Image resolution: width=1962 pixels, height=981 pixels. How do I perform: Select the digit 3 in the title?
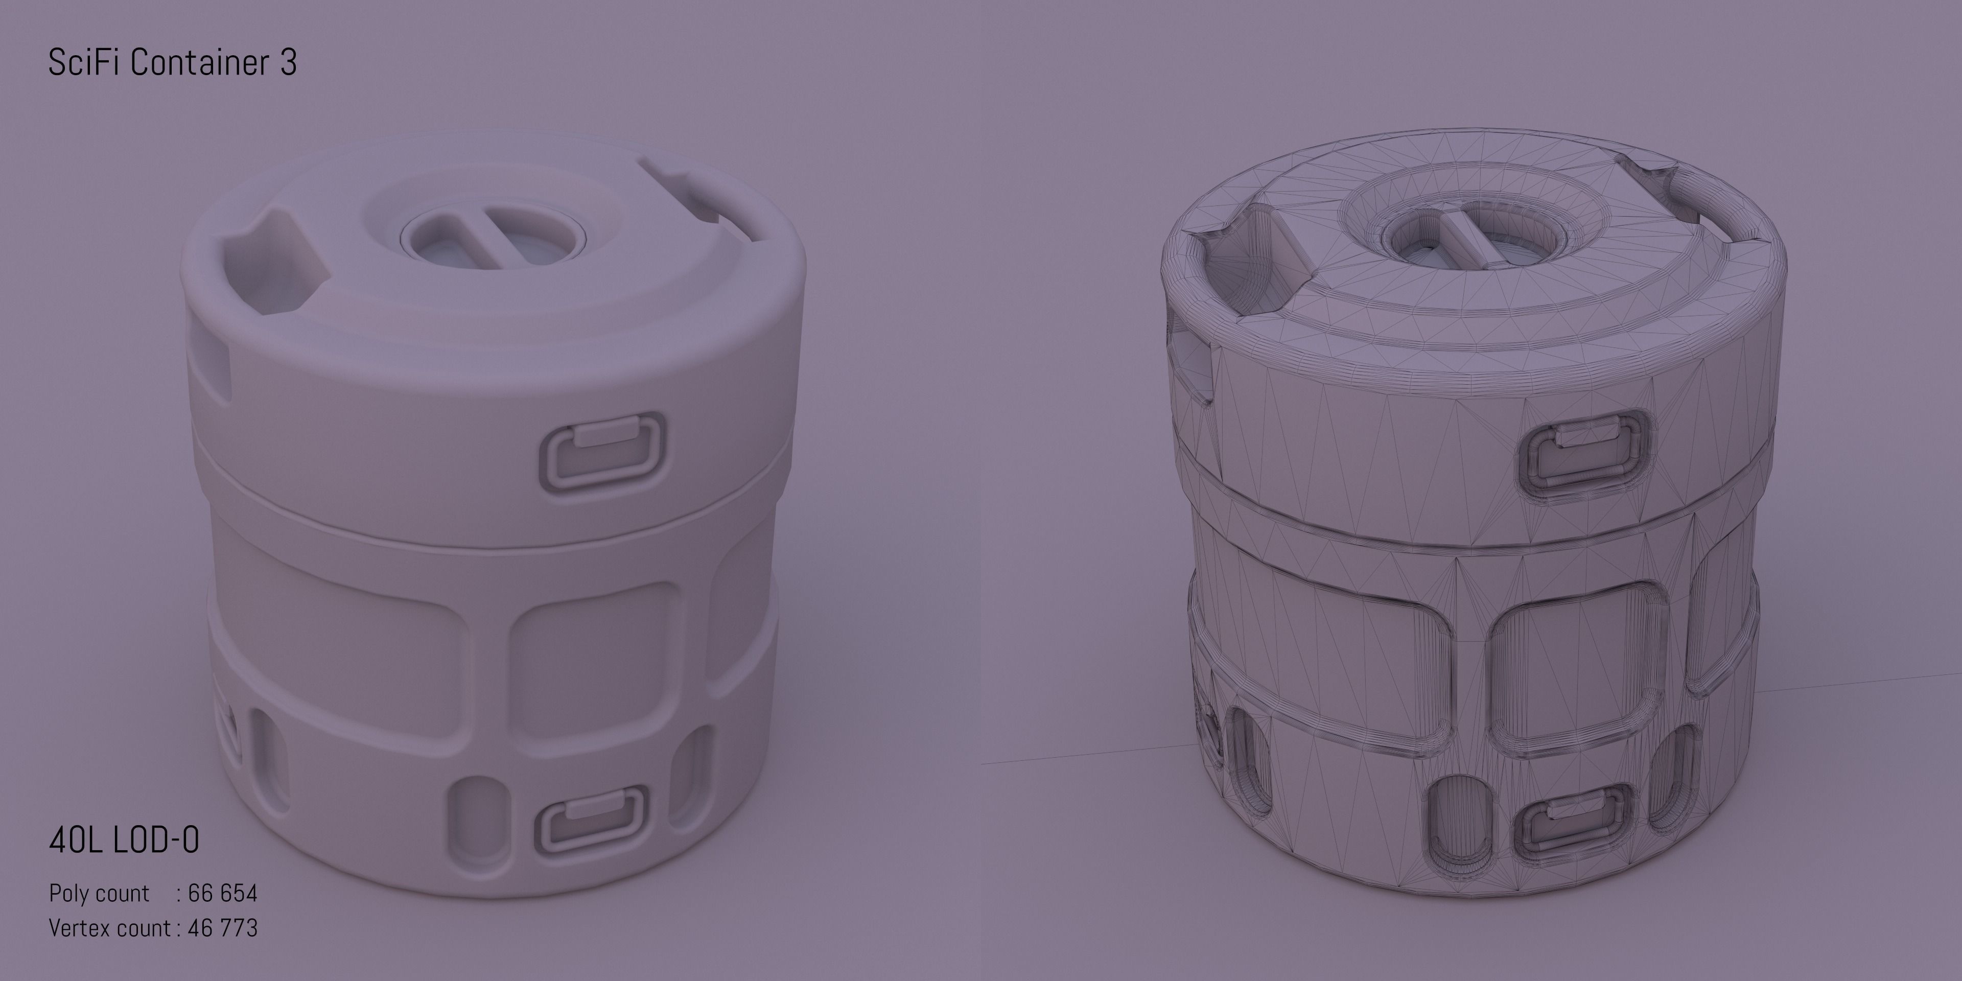(x=288, y=62)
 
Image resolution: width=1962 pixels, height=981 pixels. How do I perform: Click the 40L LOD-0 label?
(x=123, y=840)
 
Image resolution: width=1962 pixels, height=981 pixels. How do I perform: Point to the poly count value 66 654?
(x=222, y=893)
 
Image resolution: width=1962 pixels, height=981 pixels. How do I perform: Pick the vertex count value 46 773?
(x=222, y=928)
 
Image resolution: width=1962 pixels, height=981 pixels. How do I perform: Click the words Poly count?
(x=99, y=893)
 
